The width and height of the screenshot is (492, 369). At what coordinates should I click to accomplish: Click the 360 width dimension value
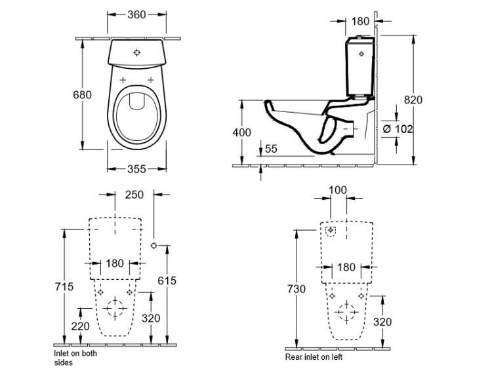pyautogui.click(x=136, y=14)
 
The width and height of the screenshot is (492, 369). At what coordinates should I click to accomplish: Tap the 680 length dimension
pyautogui.click(x=81, y=94)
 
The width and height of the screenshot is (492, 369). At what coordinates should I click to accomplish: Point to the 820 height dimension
pyautogui.click(x=413, y=100)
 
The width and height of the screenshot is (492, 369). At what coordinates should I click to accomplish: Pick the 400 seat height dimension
pyautogui.click(x=242, y=132)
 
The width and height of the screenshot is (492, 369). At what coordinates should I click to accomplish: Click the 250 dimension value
pyautogui.click(x=134, y=195)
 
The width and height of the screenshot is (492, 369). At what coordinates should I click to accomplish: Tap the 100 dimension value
pyautogui.click(x=337, y=190)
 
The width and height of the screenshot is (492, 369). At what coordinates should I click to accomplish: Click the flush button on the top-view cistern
pyautogui.click(x=136, y=52)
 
